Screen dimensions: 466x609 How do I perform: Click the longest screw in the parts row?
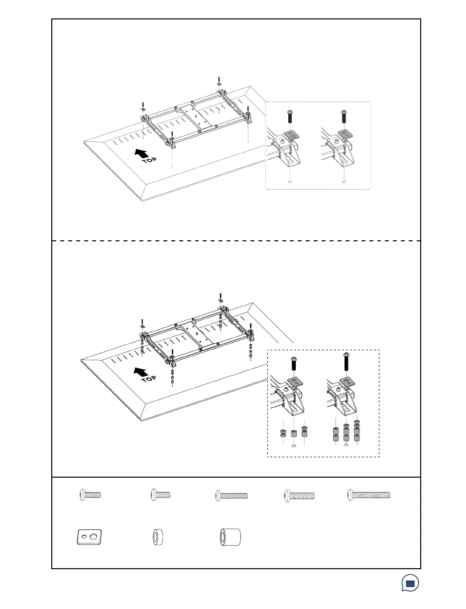click(x=368, y=495)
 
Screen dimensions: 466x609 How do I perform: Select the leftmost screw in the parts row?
click(x=90, y=495)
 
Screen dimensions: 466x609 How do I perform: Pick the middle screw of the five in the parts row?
click(x=232, y=495)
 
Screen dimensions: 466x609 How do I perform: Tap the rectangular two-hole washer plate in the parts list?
click(x=90, y=537)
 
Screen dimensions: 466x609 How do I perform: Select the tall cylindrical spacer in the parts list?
click(x=231, y=537)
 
